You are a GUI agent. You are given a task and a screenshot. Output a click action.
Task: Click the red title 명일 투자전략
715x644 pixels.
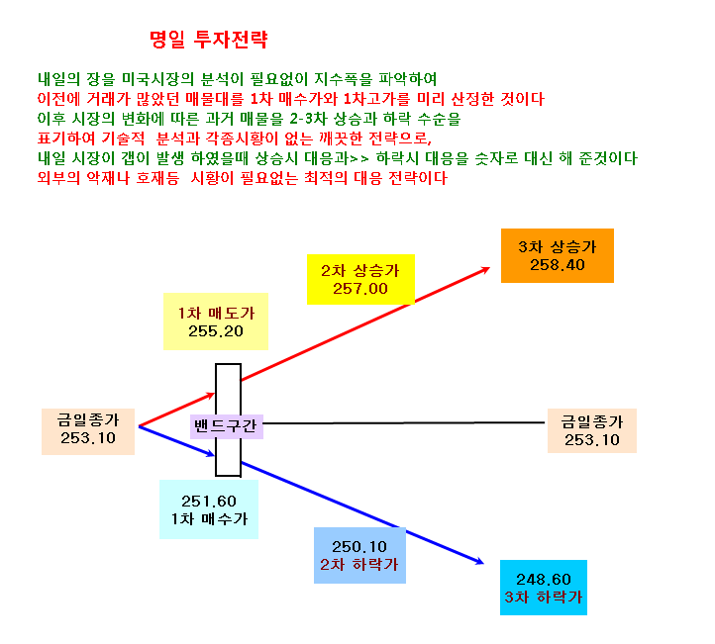[208, 40]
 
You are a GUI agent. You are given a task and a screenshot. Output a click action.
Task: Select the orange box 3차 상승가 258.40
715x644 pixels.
[558, 255]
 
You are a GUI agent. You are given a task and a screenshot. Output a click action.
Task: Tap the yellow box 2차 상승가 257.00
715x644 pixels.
[360, 279]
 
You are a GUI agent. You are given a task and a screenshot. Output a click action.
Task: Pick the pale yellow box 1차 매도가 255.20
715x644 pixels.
[216, 322]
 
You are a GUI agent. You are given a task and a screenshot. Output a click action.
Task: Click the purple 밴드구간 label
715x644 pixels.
[227, 426]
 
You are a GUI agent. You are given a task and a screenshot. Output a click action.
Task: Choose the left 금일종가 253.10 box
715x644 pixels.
[88, 431]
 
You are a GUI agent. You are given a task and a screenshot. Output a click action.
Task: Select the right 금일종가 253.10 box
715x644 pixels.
[592, 431]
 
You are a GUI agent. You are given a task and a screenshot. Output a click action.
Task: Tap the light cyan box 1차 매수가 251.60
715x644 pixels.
[209, 509]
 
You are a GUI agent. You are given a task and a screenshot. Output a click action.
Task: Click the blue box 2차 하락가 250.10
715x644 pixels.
[359, 555]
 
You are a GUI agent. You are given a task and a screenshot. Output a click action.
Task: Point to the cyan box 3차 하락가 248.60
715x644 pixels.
[544, 588]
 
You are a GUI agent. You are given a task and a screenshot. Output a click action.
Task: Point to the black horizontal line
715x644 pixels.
[404, 423]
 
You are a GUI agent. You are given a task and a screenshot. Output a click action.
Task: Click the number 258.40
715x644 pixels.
[558, 265]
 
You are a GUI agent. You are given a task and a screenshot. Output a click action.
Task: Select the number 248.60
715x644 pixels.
[544, 580]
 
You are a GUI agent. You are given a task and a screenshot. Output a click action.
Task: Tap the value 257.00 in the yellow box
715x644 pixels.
[360, 289]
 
